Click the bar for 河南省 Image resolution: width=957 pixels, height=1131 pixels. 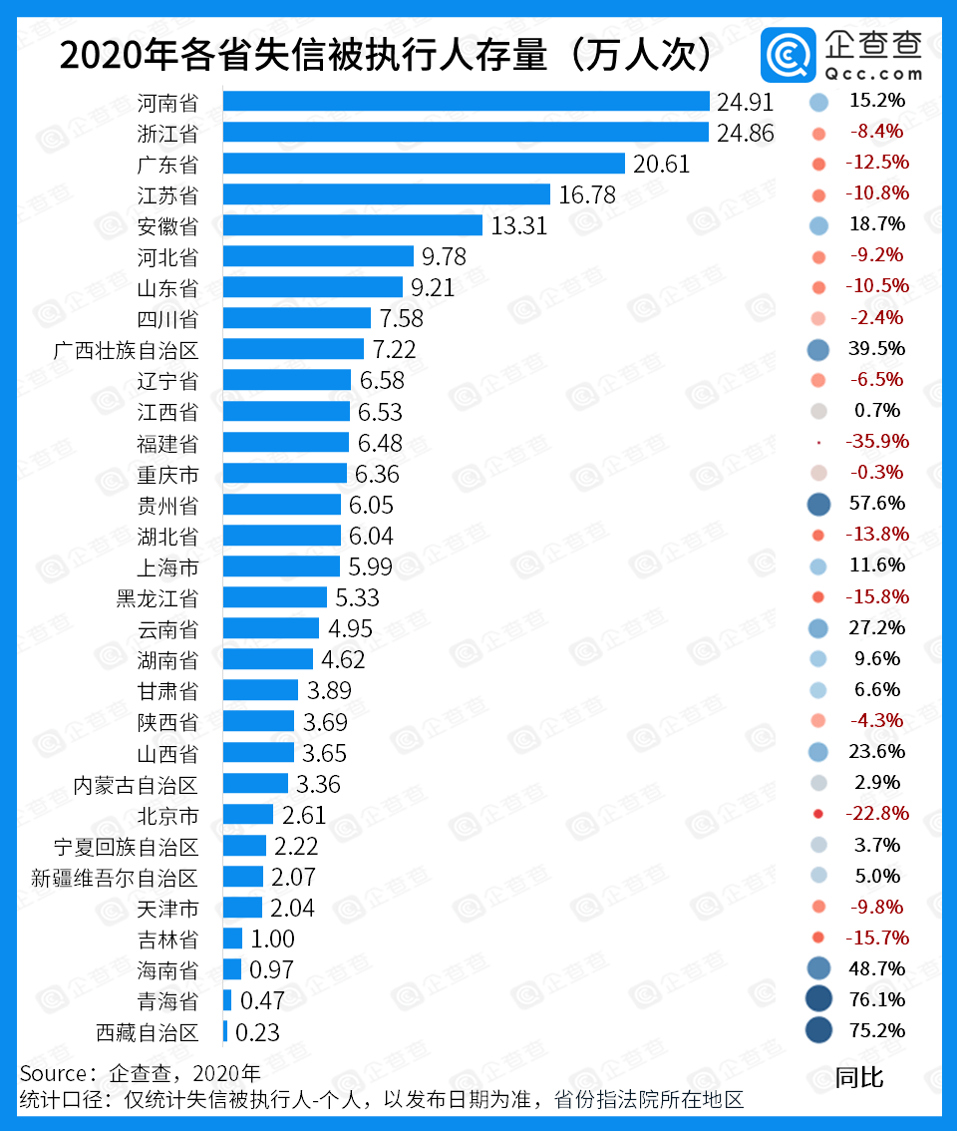[466, 102]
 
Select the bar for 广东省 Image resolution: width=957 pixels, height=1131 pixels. [424, 164]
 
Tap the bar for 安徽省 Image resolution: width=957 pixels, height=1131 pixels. [353, 225]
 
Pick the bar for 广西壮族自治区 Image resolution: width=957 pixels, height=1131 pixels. [293, 349]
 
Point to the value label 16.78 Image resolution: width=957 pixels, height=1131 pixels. [587, 194]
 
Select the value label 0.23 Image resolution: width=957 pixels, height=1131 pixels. [257, 1032]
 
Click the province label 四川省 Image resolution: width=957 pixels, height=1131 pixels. [167, 319]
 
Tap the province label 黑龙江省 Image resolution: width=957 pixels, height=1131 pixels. [157, 598]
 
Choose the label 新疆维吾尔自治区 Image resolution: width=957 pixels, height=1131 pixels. [115, 878]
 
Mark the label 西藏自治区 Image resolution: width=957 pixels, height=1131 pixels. [147, 1032]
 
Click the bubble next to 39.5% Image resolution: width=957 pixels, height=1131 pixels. [818, 349]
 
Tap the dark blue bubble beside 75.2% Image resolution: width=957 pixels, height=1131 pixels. [818, 1030]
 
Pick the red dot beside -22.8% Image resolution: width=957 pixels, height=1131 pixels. [818, 814]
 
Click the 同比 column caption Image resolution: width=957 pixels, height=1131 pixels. [859, 1077]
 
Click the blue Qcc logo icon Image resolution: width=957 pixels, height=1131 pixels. [789, 56]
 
